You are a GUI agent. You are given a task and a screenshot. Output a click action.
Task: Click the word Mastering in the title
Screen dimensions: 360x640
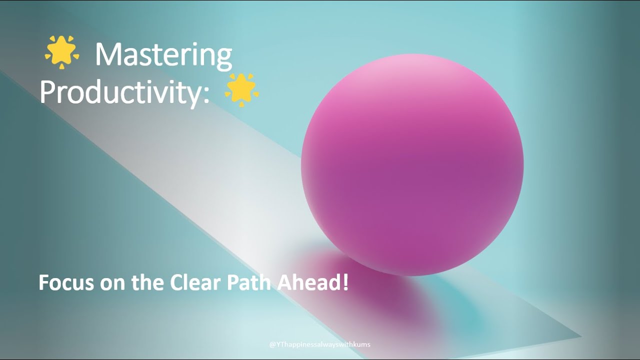pos(163,54)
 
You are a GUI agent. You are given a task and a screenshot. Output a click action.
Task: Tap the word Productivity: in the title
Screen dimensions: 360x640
pos(124,91)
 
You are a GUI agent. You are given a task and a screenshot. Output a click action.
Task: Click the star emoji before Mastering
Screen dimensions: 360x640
pos(62,52)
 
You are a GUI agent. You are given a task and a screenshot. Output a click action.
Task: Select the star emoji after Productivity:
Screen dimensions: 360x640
pos(242,90)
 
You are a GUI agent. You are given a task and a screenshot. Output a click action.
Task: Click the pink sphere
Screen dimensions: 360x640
pos(412,165)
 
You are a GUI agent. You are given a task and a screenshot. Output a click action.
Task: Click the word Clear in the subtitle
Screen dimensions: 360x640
pos(196,283)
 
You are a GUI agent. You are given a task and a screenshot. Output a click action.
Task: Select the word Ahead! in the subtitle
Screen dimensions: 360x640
pos(306,283)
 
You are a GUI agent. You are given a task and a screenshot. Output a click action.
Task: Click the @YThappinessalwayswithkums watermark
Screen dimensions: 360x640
pos(320,344)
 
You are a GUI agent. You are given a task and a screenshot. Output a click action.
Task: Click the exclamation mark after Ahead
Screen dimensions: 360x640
pos(344,283)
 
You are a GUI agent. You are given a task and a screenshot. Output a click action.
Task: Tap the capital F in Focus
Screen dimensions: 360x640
pos(43,283)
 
